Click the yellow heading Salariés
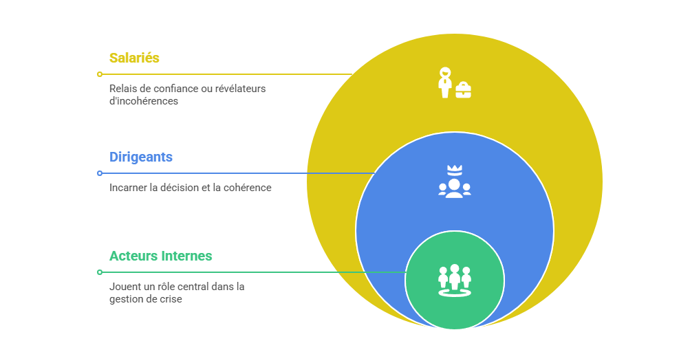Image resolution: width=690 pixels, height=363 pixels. point(134,58)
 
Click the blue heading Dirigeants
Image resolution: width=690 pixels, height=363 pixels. point(141,157)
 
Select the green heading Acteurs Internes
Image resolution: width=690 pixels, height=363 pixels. point(161,256)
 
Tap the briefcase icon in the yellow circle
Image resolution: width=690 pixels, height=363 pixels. point(464,89)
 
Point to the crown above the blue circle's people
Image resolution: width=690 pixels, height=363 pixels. point(454,169)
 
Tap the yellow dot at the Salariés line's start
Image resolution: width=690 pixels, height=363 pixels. point(100,74)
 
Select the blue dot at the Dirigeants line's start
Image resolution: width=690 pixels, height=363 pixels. point(100,173)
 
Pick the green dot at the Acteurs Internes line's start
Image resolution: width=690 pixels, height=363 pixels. point(100,272)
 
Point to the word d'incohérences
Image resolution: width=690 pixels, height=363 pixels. point(144,101)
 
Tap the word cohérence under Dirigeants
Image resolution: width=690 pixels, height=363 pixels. point(248,188)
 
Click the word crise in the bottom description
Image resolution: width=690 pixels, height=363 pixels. point(170,299)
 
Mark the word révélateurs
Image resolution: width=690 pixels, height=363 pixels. point(238,89)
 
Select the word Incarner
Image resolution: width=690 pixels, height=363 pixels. point(128,188)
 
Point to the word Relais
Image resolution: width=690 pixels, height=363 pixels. point(122,89)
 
